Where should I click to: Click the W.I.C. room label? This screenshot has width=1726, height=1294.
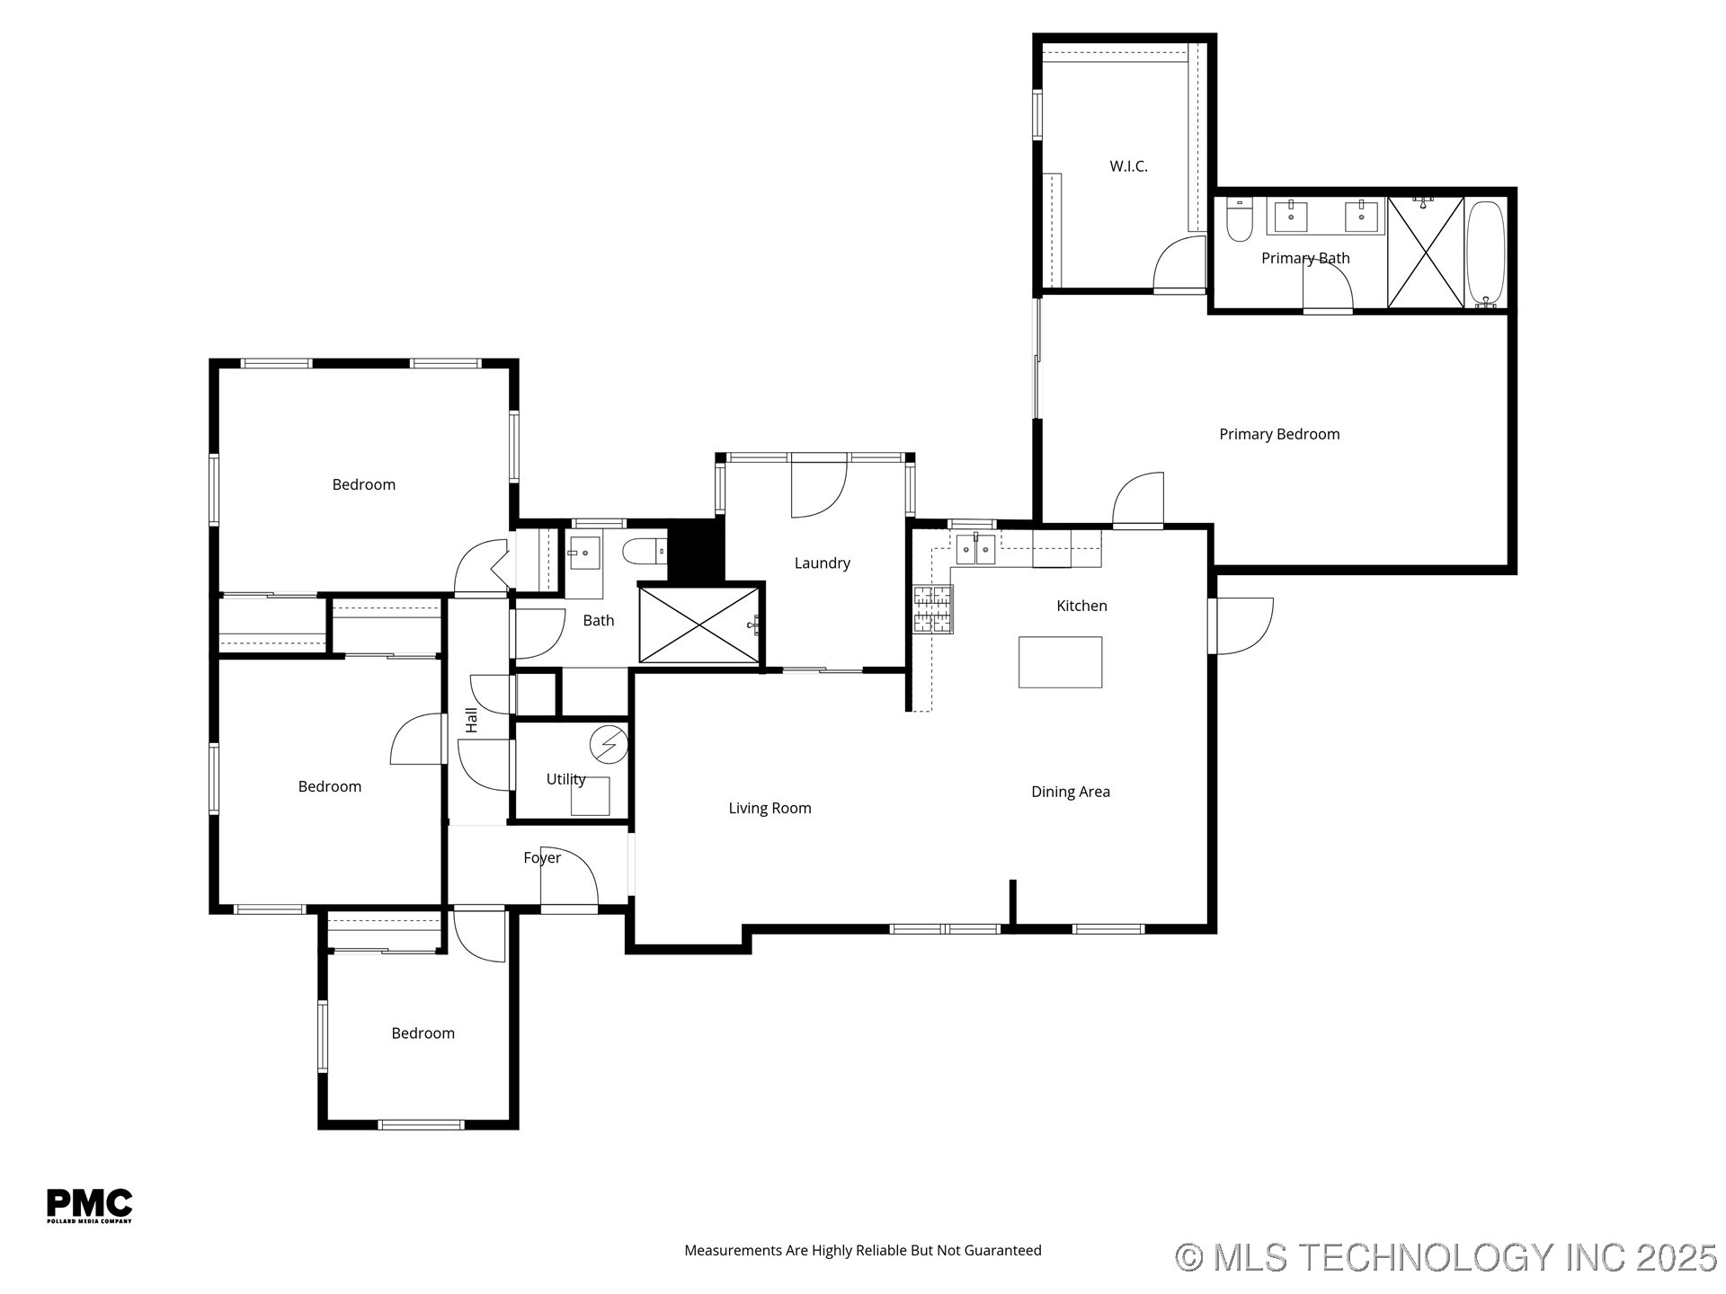tap(1128, 166)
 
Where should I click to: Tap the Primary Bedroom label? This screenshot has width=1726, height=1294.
tap(1278, 434)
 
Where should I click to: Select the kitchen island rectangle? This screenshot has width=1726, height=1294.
tap(1060, 662)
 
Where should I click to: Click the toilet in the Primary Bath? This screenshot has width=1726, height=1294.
tap(1240, 220)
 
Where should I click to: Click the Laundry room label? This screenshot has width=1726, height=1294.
tap(822, 563)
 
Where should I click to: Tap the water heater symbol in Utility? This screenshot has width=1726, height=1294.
tap(609, 744)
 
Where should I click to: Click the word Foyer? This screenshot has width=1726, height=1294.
tap(542, 858)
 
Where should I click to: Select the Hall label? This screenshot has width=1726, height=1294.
tap(471, 720)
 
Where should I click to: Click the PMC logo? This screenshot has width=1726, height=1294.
tap(89, 1205)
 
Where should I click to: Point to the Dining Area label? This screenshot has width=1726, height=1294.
tap(1070, 792)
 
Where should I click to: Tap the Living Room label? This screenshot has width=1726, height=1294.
tap(770, 808)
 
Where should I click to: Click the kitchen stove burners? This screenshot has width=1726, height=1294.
tap(933, 608)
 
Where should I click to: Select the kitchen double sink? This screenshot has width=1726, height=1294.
tap(975, 548)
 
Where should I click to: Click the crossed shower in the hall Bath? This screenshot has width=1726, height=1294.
tap(698, 625)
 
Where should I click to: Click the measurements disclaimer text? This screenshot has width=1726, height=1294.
tap(862, 1250)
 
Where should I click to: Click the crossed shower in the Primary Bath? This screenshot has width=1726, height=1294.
tap(1426, 253)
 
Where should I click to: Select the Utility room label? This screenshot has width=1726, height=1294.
tap(565, 779)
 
